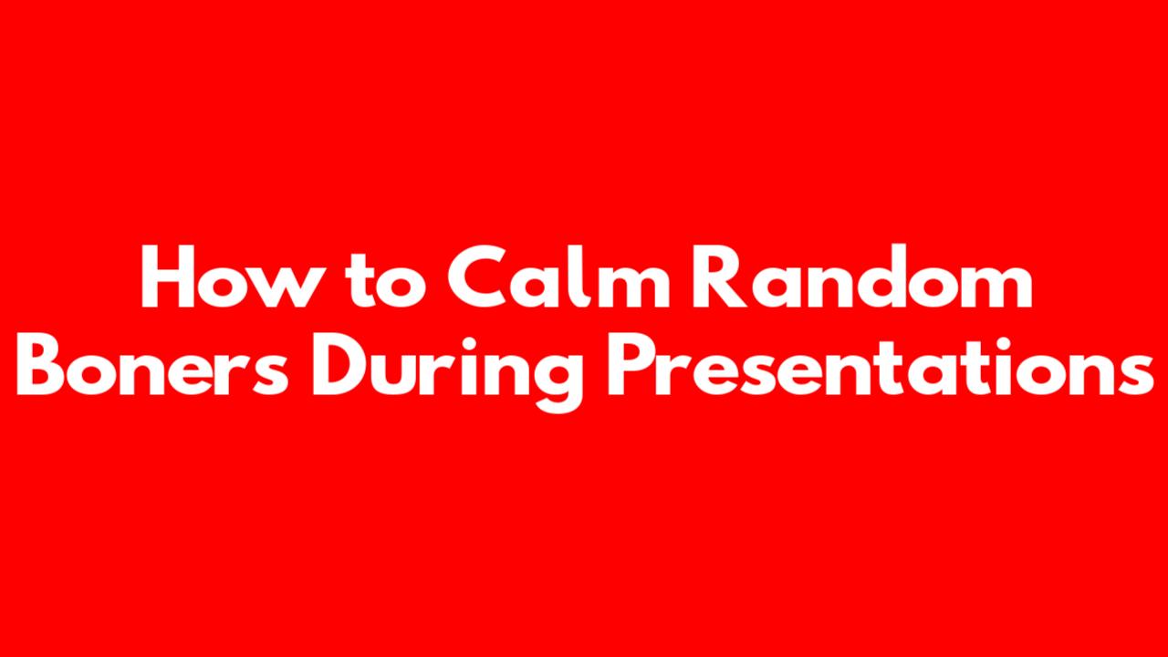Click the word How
(x=230, y=276)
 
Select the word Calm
(x=558, y=276)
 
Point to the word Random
(x=861, y=276)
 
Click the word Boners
(x=152, y=364)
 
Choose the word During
(x=447, y=372)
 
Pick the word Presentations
(x=881, y=364)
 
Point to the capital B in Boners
(x=41, y=364)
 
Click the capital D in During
(x=341, y=364)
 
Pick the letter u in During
(x=401, y=374)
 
